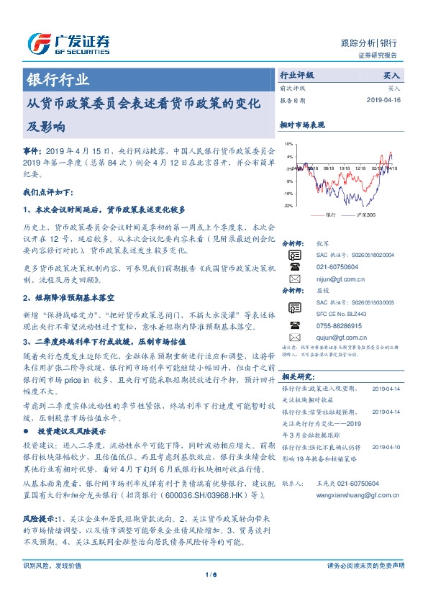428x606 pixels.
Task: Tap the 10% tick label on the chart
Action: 289,144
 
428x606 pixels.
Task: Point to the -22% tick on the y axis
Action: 288,205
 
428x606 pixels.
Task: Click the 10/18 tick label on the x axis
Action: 345,168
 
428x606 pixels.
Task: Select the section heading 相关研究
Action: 297,376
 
